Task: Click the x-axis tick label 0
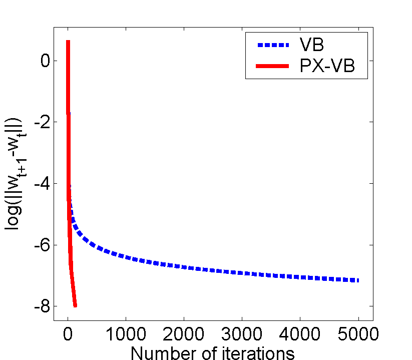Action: (x=68, y=333)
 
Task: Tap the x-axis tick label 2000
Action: (x=184, y=333)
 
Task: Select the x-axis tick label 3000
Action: (x=242, y=333)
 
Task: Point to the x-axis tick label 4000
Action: (x=300, y=333)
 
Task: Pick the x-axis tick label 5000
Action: (x=358, y=333)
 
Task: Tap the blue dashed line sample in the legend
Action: (x=273, y=45)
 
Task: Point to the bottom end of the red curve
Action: (x=75, y=305)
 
